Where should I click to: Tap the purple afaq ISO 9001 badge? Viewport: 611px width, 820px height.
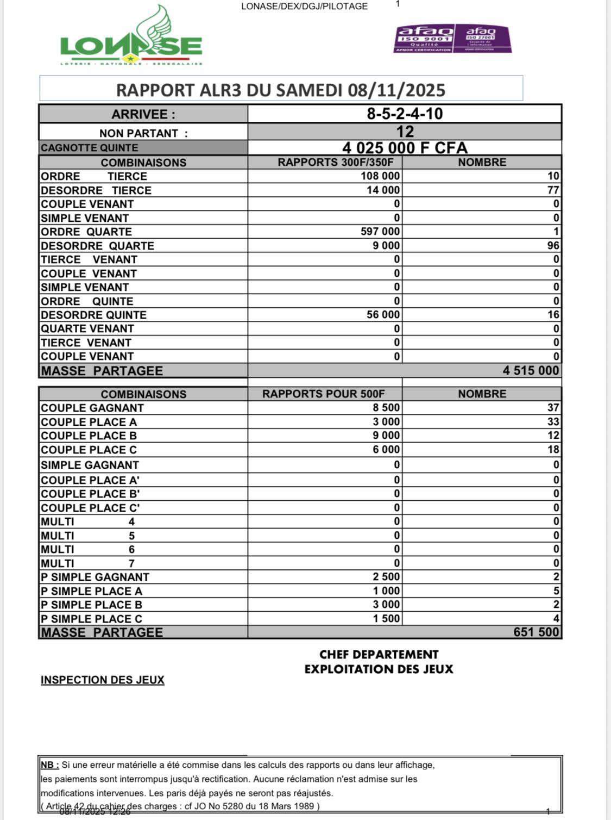tap(424, 39)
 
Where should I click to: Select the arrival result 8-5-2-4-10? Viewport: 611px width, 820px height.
tap(405, 114)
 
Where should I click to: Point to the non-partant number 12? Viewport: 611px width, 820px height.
tap(405, 132)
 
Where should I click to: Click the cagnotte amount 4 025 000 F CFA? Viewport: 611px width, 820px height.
tap(405, 148)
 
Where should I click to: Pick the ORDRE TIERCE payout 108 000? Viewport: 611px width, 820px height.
tap(380, 176)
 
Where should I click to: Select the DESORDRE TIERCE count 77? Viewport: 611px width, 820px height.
tap(553, 190)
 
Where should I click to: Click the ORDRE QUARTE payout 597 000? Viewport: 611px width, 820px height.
tap(380, 232)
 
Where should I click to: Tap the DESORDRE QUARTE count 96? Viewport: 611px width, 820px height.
tap(553, 246)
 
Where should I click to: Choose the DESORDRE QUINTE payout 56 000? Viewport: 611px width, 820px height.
tap(383, 315)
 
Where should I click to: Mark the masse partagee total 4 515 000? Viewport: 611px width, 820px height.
tap(530, 371)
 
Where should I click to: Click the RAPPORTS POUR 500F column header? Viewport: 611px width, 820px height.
tap(324, 394)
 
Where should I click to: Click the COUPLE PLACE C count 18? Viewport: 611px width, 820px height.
tap(553, 450)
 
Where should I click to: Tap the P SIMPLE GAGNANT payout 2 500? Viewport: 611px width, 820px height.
tap(386, 577)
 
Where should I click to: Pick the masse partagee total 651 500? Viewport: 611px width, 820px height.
tap(536, 632)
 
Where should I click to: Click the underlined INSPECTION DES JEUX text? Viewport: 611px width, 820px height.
tap(103, 680)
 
